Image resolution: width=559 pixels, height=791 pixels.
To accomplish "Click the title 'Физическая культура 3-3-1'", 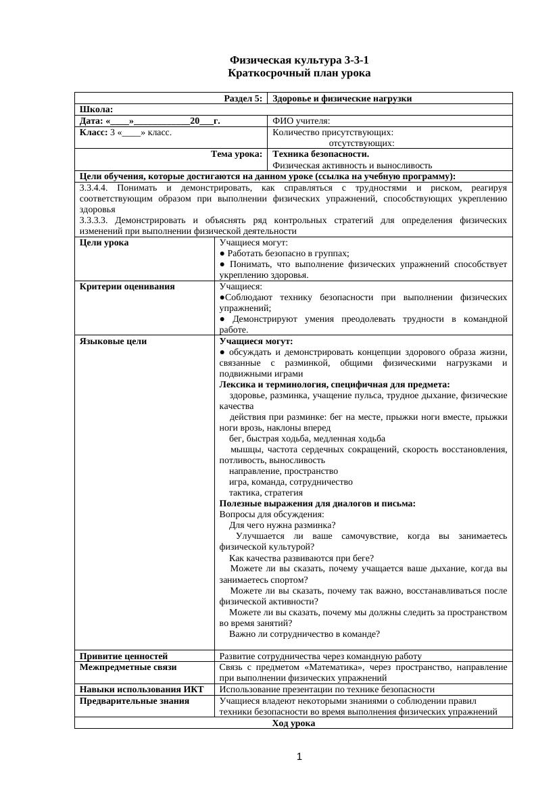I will coord(299,61).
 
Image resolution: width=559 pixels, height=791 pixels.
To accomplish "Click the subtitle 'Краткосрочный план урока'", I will coord(299,73).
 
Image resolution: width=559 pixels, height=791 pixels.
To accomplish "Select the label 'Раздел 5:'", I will coord(243,99).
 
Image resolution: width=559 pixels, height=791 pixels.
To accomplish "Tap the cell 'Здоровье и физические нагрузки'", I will coord(342,99).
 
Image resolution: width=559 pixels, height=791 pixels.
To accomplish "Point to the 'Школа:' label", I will coord(96,110).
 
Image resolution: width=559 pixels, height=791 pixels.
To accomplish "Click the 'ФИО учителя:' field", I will coord(301,121).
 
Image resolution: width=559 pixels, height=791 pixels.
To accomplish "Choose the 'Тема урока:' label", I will coord(237,153).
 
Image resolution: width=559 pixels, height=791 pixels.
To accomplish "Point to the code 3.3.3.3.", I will coord(94,220).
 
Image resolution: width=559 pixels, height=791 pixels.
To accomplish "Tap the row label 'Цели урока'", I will coord(104,242).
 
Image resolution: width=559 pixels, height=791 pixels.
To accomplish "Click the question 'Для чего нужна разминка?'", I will coord(283,525).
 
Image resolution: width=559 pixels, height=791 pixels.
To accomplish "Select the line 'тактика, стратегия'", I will coord(266,492).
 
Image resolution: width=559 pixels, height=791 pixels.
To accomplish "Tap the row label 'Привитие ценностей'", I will coord(124,656).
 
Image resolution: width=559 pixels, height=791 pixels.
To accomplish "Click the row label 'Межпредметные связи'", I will coord(128,667).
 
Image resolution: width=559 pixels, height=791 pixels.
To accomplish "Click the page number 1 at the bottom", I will coord(299,757).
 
